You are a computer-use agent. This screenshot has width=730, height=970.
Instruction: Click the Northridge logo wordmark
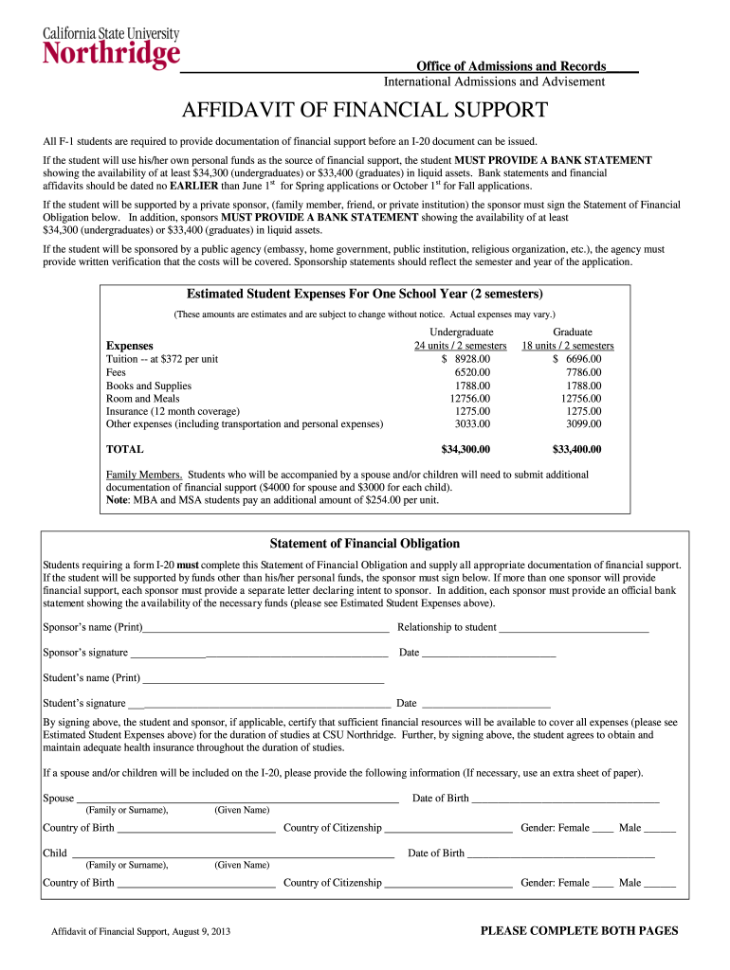(111, 52)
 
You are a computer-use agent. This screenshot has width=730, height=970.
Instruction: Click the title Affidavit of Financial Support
(365, 110)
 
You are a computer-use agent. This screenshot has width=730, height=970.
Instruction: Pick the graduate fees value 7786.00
(583, 372)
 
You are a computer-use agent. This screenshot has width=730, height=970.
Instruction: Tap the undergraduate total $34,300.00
(465, 449)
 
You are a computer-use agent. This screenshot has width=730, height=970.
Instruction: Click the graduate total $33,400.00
(576, 449)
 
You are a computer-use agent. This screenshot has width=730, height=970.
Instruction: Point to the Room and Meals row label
(142, 399)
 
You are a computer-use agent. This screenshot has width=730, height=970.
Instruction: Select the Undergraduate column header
(461, 332)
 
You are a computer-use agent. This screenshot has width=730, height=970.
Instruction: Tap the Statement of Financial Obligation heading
(365, 544)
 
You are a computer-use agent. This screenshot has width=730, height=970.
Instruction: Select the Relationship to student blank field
(574, 629)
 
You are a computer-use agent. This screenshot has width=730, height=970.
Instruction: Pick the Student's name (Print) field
(263, 680)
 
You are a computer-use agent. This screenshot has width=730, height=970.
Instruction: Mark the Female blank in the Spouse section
(603, 829)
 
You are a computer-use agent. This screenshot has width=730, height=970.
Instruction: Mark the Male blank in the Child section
(660, 884)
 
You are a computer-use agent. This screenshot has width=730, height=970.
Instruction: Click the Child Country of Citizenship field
(448, 884)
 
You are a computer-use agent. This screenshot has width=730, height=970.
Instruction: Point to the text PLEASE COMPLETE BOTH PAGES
(579, 931)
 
